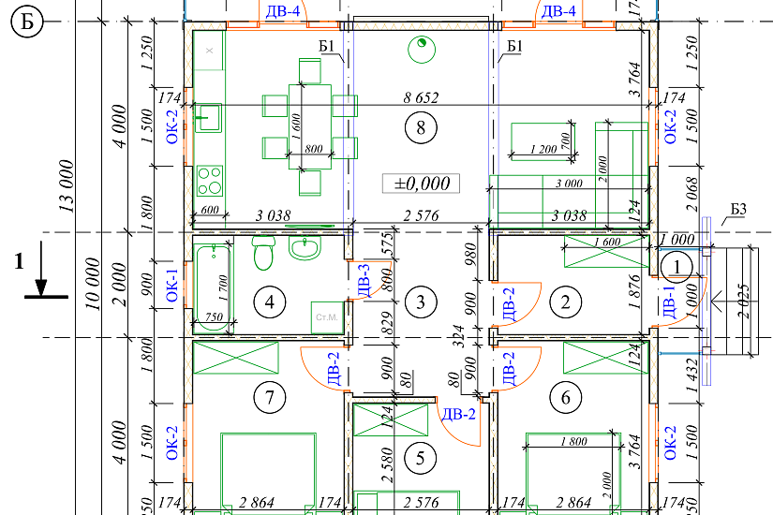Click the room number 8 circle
[420, 129]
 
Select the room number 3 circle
[421, 302]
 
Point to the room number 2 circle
[565, 302]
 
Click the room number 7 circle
[269, 398]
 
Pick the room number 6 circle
[565, 398]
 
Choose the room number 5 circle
[421, 458]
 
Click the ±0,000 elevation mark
[421, 183]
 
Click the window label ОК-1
[171, 286]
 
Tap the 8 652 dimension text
[421, 96]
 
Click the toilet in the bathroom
[263, 251]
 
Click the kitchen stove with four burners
[209, 178]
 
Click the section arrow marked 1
[39, 281]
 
